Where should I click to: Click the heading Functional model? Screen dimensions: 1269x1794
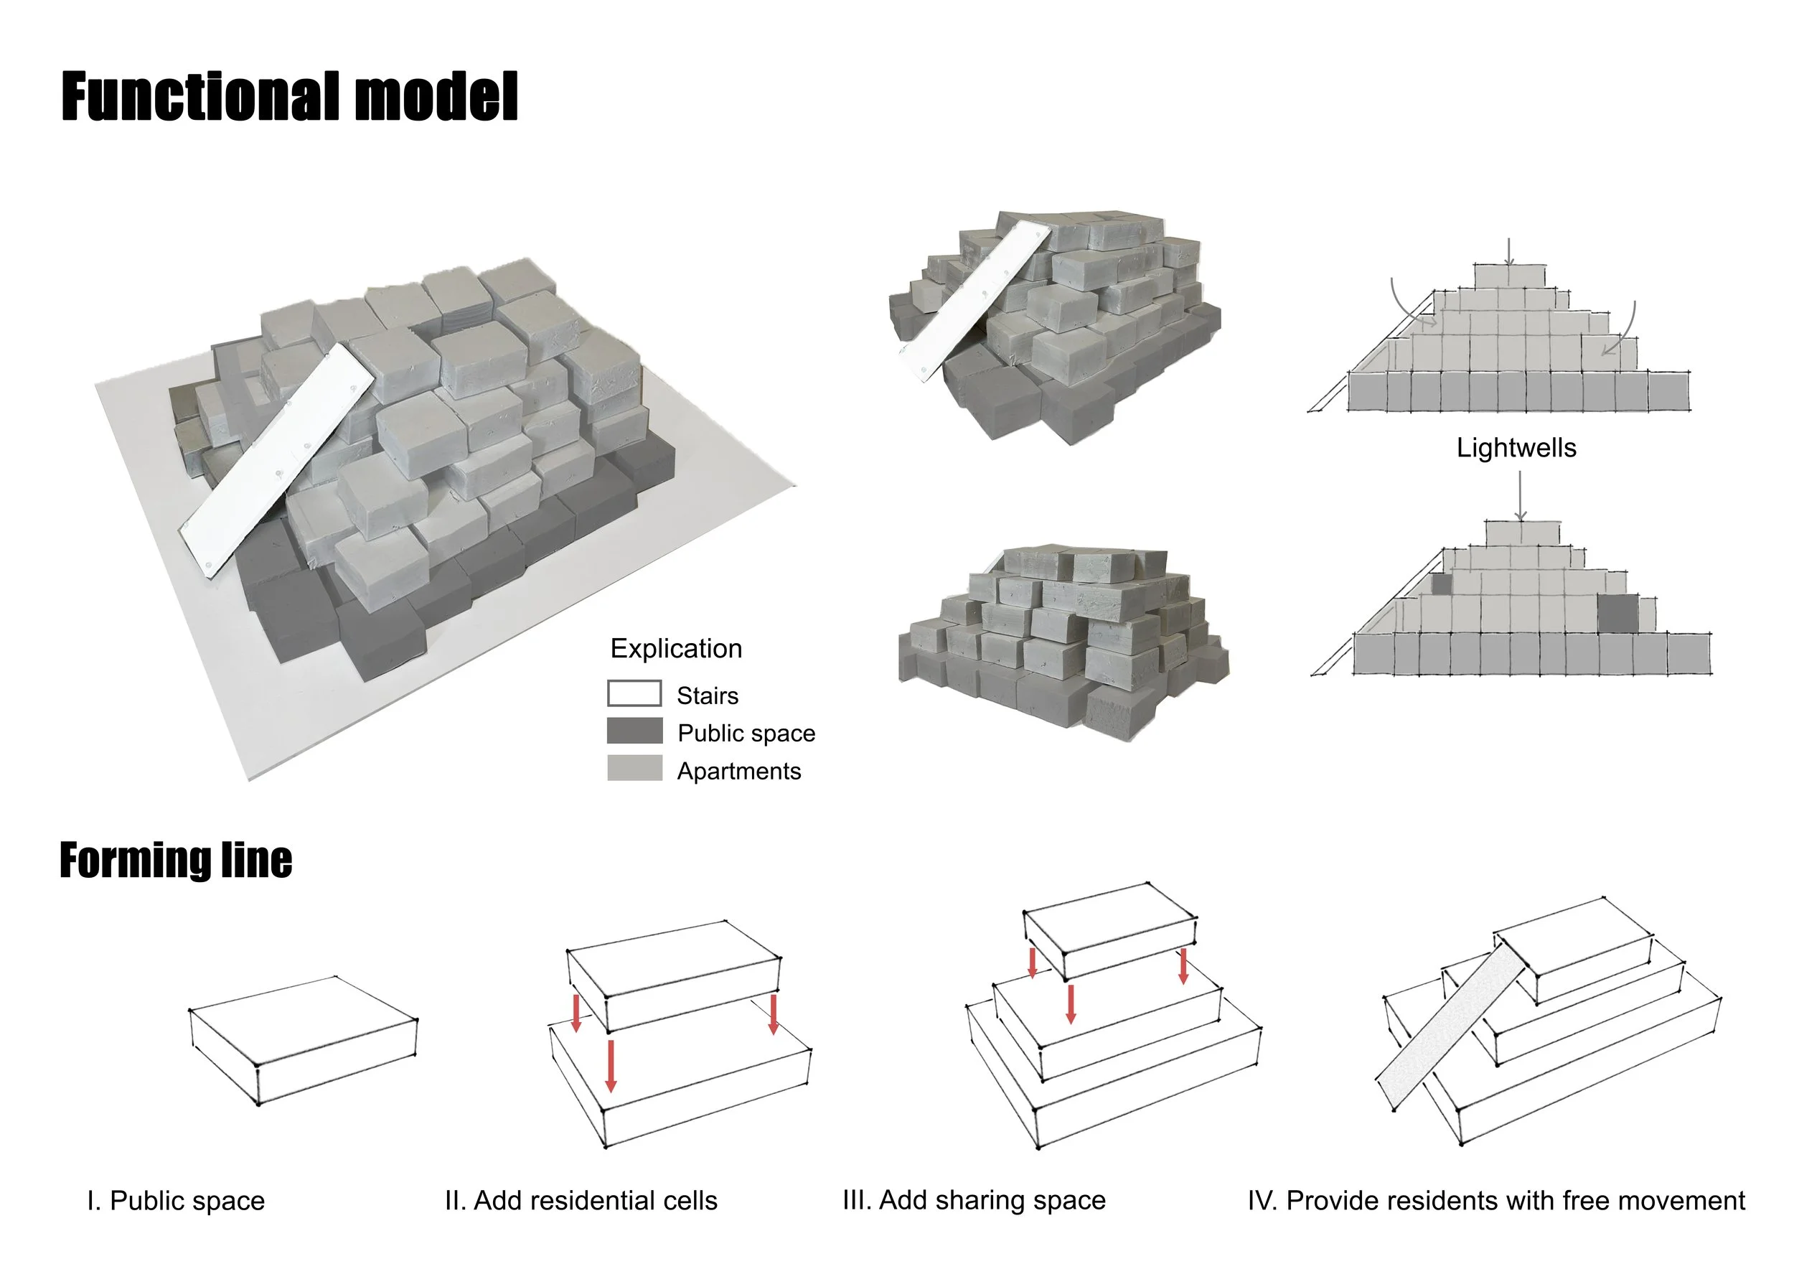tap(289, 97)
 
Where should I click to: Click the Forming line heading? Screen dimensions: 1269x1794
tap(176, 861)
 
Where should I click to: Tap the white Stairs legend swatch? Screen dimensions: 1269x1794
tap(634, 694)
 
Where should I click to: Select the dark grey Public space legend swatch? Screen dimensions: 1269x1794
tap(634, 731)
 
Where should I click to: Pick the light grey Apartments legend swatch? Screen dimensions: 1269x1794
tap(634, 769)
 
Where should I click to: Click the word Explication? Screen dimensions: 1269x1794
tap(676, 649)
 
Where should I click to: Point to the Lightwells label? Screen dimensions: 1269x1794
tap(1516, 448)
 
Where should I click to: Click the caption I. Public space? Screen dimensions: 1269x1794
tap(176, 1200)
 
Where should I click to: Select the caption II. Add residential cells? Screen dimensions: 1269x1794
tap(581, 1200)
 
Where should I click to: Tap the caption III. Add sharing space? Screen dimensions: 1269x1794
tap(974, 1200)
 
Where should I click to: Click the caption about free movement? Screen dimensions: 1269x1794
tap(1495, 1200)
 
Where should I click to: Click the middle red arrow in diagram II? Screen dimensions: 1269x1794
tap(611, 1065)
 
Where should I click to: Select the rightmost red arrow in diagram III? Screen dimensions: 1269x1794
tap(1183, 966)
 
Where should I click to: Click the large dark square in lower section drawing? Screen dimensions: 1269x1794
tap(1617, 614)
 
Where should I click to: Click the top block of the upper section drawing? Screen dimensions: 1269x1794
tap(1510, 276)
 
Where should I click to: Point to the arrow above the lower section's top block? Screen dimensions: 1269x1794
tap(1520, 496)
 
